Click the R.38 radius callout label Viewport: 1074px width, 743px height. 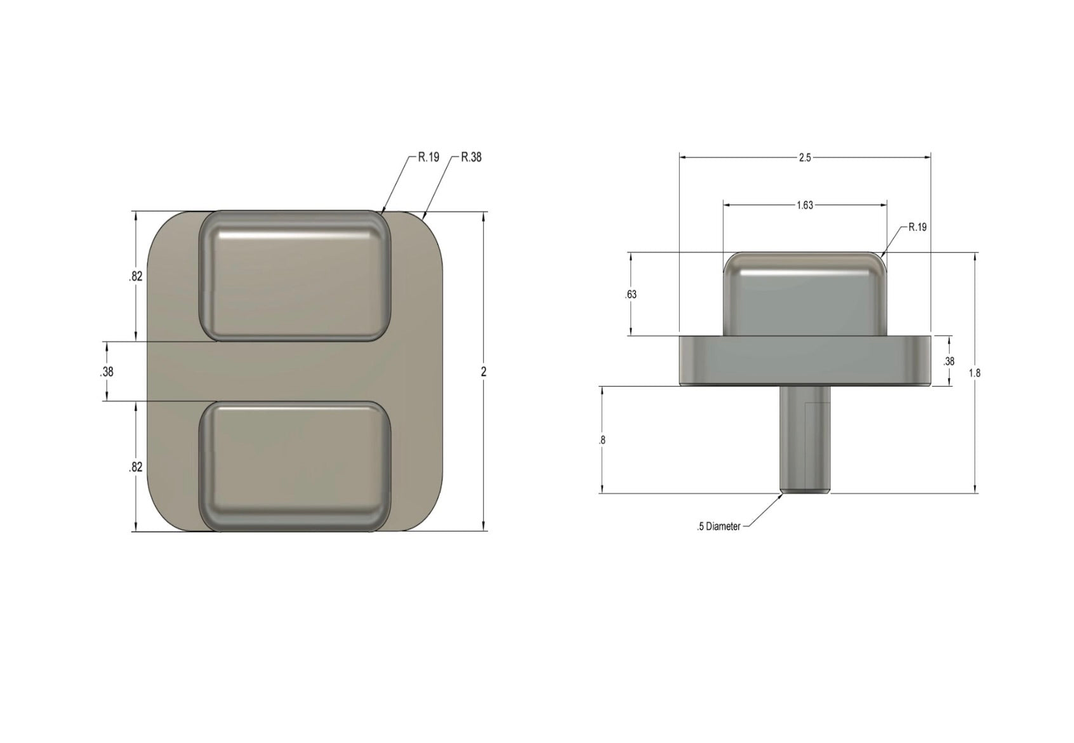471,157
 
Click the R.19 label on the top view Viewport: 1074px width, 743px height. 428,157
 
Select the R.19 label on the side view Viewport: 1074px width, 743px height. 917,227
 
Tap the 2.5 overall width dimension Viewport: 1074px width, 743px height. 804,157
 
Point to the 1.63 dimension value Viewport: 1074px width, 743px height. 804,205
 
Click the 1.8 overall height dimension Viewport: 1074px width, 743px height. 974,373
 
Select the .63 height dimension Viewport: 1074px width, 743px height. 630,295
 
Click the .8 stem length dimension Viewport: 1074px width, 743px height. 602,439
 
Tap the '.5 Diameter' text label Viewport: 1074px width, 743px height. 719,526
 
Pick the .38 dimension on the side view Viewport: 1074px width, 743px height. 949,361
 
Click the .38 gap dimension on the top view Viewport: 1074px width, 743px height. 107,372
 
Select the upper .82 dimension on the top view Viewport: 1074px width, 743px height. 135,276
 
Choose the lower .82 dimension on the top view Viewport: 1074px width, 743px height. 135,467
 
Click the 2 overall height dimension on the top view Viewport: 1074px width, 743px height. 484,372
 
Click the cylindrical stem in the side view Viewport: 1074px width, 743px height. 805,438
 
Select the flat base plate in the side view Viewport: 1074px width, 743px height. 804,361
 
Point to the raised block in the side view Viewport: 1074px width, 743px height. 804,295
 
